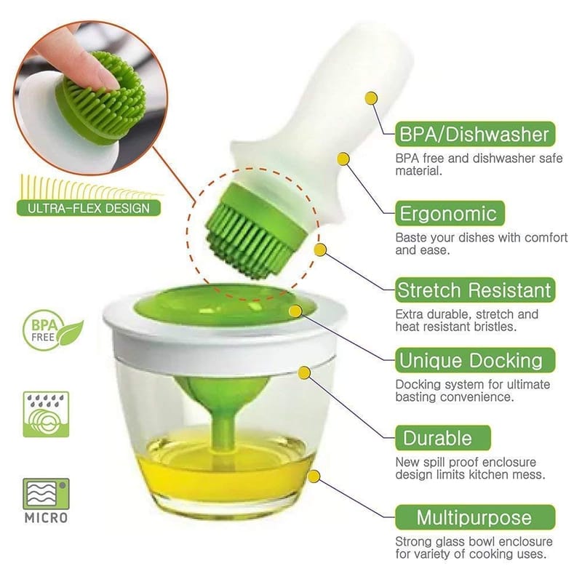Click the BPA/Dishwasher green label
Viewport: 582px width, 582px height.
click(475, 134)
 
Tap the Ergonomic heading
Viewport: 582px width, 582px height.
click(450, 213)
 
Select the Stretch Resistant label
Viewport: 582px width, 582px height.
click(475, 290)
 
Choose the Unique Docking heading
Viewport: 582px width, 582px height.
click(475, 360)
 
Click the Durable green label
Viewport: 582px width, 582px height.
click(443, 438)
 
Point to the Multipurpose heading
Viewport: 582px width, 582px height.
click(475, 517)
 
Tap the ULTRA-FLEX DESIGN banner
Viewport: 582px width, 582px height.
click(89, 208)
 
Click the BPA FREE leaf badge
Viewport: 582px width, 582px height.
click(52, 330)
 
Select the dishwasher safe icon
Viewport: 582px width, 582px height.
click(46, 414)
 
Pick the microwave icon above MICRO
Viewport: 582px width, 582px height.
click(46, 494)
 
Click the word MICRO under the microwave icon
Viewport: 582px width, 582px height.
click(46, 518)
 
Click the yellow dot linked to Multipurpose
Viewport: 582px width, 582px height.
click(314, 477)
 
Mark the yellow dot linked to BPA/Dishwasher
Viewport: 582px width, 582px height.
click(371, 98)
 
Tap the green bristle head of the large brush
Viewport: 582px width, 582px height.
click(252, 231)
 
